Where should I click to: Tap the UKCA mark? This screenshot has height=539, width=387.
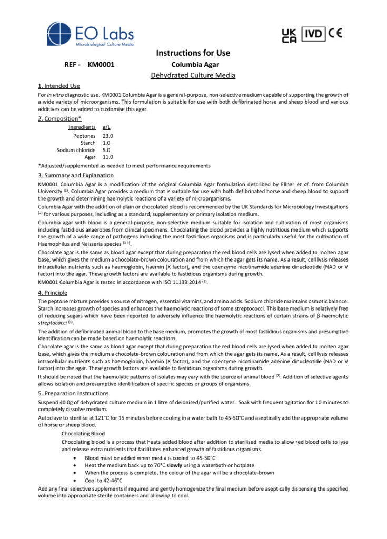coord(290,35)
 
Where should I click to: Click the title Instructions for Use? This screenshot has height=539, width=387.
coord(193,53)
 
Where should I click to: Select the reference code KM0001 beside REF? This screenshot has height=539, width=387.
coord(101,65)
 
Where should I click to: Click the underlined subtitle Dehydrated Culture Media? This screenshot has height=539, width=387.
coord(193,76)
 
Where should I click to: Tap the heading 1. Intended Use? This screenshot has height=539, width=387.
coord(59,86)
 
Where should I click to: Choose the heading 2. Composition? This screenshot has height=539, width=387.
coord(59,118)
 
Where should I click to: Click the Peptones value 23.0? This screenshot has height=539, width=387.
coord(108,136)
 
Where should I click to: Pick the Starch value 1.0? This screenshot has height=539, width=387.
coord(106,143)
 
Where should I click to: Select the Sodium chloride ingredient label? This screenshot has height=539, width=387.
coord(76,149)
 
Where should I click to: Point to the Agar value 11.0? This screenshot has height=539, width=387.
coord(108,157)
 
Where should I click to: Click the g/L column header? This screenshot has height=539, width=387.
coord(107,127)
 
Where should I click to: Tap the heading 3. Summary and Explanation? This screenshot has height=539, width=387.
coord(76,175)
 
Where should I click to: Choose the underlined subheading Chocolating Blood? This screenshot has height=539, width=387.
coord(83,433)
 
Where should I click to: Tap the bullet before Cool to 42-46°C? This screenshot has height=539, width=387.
coord(76,480)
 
